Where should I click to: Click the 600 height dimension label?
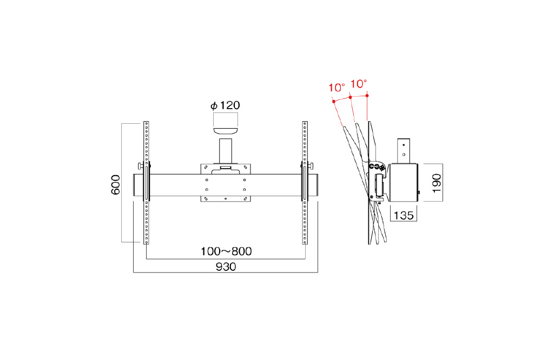coord(116,184)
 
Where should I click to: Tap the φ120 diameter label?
coord(225,105)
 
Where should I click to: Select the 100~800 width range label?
coord(226,251)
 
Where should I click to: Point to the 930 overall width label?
coord(226,266)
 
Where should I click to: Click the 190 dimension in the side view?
coord(437,183)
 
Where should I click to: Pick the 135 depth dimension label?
coord(404,216)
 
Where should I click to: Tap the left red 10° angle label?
coord(337,88)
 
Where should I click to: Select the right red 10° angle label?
coord(359,84)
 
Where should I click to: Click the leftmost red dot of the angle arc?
coord(334,102)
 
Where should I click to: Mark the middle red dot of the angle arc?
coord(350,97)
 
